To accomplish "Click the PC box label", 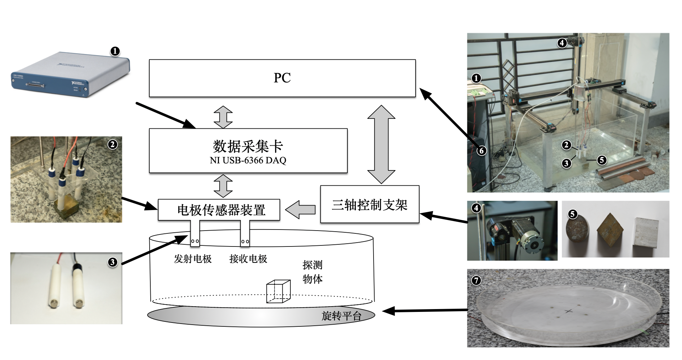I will tap(282, 78).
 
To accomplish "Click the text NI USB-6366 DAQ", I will tap(248, 160).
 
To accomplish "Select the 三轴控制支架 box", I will tap(369, 204).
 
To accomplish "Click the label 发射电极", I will tap(192, 259).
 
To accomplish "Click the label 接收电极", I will tap(248, 259).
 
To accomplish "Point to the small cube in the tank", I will tap(278, 291).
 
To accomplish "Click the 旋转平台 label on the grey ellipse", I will tap(341, 315).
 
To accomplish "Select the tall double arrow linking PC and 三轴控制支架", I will tap(381, 144).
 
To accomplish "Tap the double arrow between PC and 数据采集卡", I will tap(223, 117).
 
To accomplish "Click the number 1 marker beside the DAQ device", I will tap(115, 51).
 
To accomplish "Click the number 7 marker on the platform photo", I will tap(476, 280).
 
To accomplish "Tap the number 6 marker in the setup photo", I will tap(481, 151).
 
